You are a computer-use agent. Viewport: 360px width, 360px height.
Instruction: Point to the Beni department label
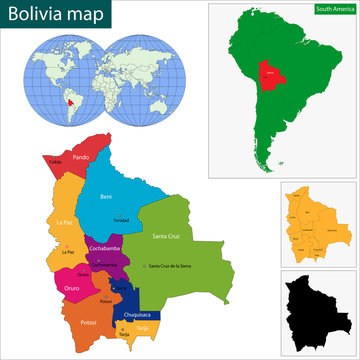[x=106, y=197]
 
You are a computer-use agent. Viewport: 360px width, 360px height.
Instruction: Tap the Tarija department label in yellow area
[x=144, y=326]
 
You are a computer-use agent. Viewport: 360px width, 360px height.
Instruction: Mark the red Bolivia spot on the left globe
[x=69, y=101]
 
